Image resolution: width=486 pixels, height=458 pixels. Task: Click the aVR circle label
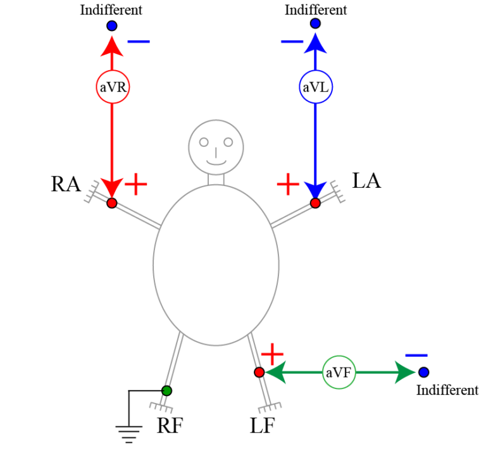112,88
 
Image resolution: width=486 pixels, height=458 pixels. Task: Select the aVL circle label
315,88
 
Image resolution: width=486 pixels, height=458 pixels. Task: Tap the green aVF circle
339,373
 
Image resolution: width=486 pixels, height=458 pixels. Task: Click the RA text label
66,184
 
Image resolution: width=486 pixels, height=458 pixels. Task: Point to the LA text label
366,181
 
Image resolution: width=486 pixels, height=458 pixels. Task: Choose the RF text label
170,426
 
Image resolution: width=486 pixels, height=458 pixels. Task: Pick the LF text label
262,426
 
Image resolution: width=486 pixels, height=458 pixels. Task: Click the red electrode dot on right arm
112,203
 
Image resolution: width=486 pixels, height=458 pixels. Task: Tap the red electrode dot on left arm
315,203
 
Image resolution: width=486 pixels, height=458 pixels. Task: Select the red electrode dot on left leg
259,373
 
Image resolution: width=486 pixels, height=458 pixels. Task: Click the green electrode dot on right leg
166,390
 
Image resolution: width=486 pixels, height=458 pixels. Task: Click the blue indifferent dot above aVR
112,26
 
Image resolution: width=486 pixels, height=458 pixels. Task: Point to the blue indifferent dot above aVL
315,24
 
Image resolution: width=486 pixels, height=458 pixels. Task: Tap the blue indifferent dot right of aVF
423,372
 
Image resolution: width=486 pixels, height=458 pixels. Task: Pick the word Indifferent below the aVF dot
447,390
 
